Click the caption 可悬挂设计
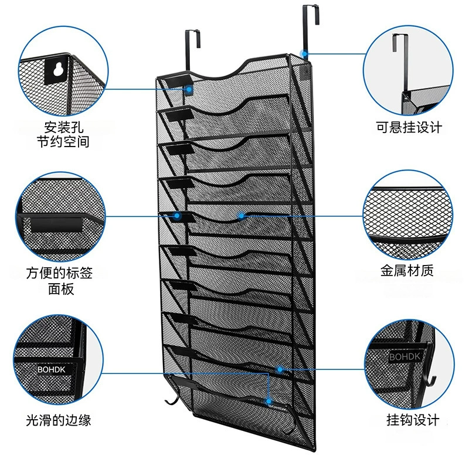coord(409,127)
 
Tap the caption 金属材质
coord(407,270)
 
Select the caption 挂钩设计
coord(413,420)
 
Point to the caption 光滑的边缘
coord(58,420)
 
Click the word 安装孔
coord(64,127)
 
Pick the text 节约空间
coord(63,141)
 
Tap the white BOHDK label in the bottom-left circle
coord(51,369)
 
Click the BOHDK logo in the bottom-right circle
coord(405,356)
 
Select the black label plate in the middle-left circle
coord(56,225)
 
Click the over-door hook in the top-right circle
coord(400,63)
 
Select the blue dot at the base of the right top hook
coord(304,54)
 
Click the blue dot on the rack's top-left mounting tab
coord(189,89)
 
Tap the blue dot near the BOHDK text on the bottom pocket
coord(269,401)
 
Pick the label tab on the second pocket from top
coord(179,115)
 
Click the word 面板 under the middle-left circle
coord(61,288)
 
